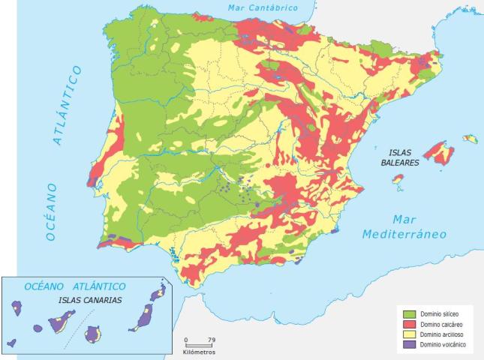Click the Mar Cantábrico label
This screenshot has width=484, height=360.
262,7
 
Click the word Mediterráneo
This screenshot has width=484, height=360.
404,234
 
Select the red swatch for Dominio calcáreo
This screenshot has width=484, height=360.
408,322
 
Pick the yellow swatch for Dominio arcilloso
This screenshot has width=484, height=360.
408,333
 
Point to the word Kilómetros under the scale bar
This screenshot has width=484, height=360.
199,351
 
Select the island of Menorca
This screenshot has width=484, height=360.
470,139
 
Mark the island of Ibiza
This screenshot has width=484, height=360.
398,179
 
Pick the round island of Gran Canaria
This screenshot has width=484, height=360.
94,334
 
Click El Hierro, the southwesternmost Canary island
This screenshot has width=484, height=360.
12,343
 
